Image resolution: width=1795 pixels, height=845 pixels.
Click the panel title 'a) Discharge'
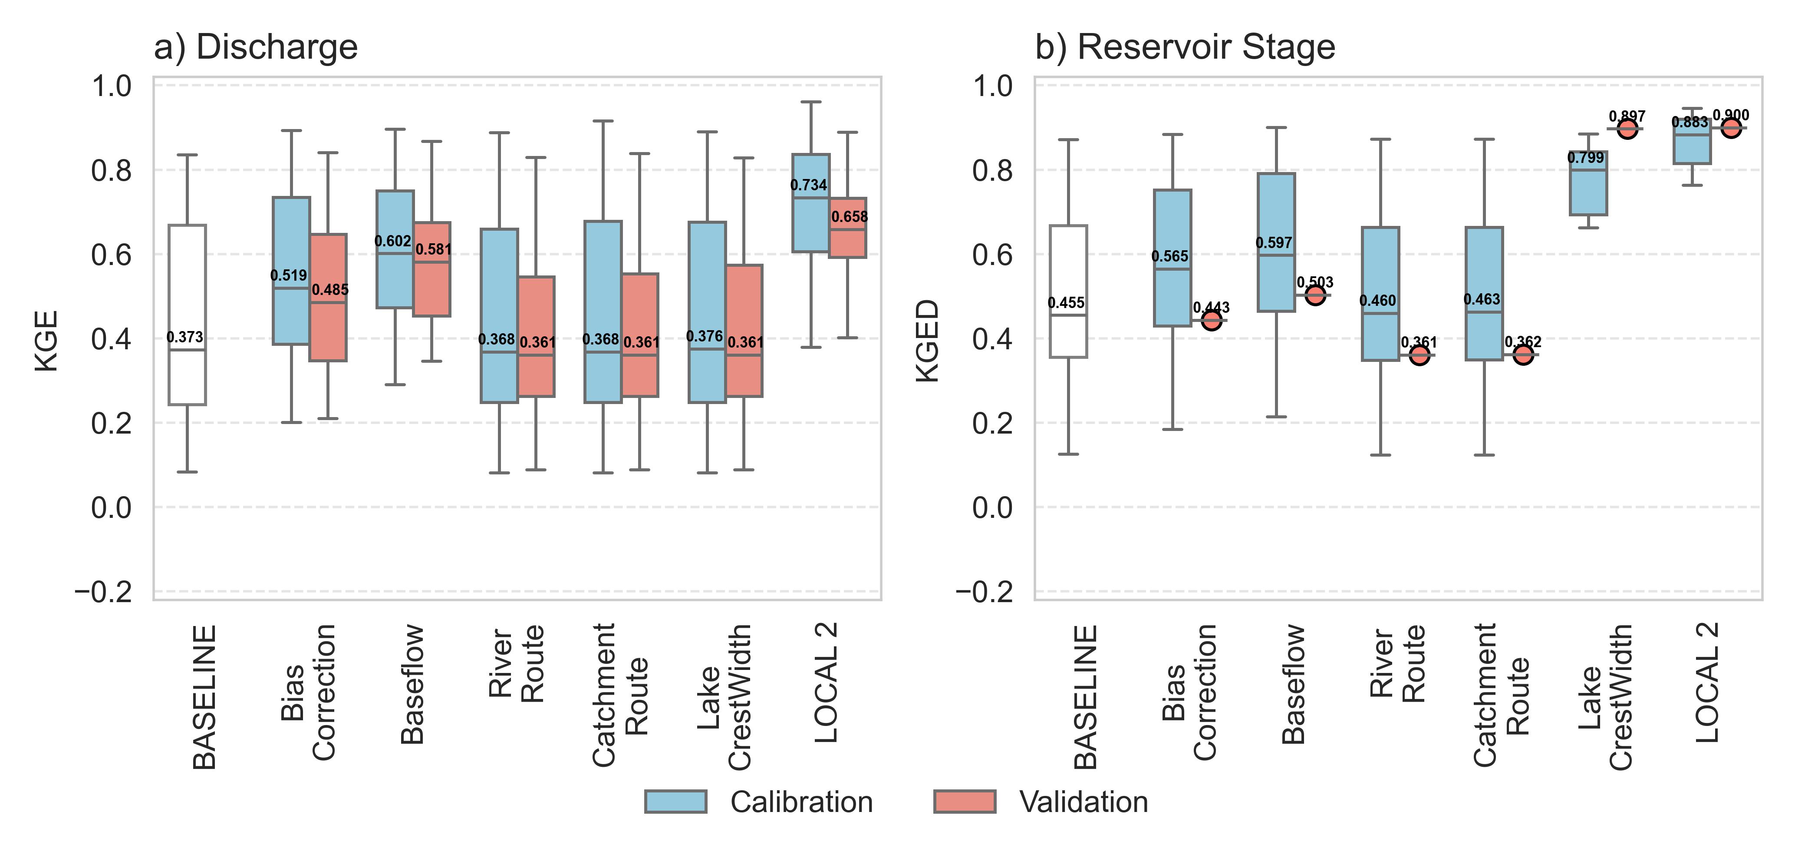256,47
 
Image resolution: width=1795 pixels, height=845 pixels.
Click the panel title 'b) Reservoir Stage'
1185,47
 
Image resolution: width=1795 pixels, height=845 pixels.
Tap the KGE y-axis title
47,341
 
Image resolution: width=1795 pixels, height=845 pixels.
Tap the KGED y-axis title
928,341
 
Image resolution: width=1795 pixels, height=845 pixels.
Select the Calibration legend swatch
675,802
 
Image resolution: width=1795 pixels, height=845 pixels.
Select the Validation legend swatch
965,802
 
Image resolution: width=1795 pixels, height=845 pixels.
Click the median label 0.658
850,217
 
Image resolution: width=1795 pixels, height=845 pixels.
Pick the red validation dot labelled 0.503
1315,295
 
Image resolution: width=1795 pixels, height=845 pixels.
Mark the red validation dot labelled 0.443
1212,321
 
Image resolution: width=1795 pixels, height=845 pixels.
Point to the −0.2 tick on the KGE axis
103,592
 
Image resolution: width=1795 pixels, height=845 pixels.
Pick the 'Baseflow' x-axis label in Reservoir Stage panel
1294,684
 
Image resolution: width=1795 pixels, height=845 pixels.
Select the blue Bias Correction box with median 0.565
1172,293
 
